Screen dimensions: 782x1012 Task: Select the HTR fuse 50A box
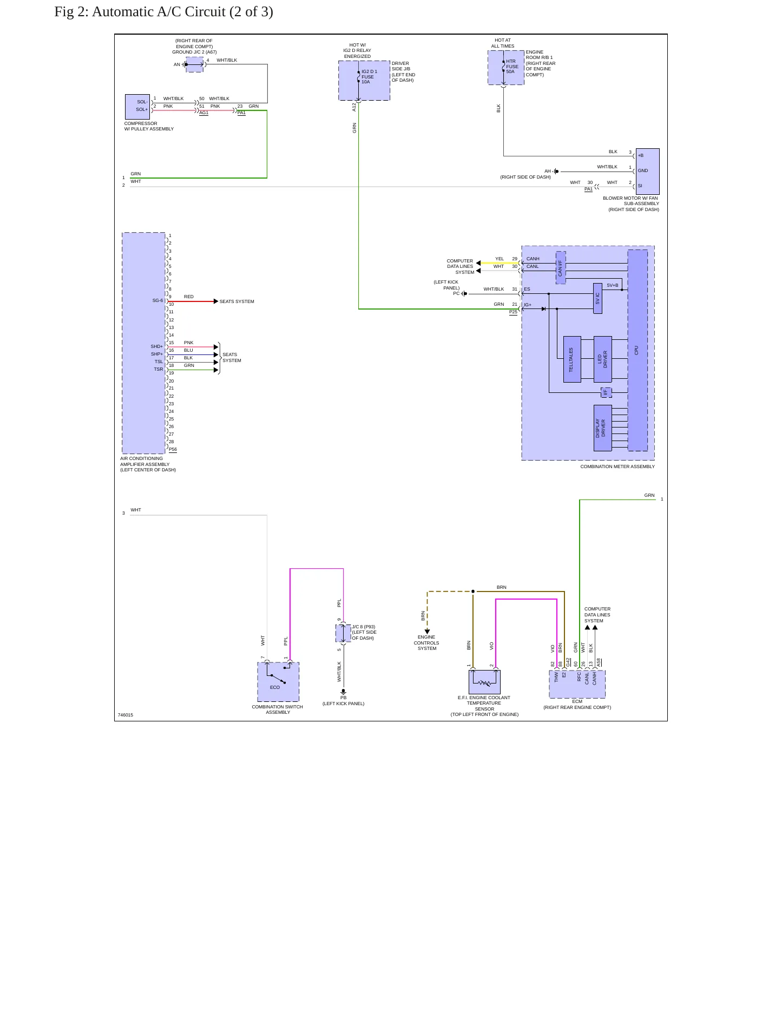coord(506,68)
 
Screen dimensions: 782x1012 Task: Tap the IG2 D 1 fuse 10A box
coord(364,81)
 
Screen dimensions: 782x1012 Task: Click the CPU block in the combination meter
coord(638,350)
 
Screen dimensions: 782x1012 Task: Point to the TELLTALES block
coord(572,359)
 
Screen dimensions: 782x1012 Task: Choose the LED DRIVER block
coord(603,359)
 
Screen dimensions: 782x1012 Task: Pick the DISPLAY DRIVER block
coord(603,428)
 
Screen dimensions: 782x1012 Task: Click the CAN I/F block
coord(561,267)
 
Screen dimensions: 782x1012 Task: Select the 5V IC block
coord(597,298)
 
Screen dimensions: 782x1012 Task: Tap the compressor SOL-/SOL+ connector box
coord(137,107)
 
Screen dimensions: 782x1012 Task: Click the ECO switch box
coord(278,682)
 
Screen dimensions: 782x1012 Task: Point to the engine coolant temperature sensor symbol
coord(484,682)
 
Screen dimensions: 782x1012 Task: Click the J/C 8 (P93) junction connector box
coord(343,633)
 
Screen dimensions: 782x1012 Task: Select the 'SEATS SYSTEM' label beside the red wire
coord(236,301)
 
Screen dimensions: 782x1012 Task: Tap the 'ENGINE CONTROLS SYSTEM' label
coord(426,643)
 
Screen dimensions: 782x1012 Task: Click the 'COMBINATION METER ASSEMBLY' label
coord(617,466)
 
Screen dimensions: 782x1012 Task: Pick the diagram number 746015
coord(126,715)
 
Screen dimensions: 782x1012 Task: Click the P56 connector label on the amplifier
coord(173,450)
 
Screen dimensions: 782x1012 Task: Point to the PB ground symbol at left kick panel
coord(343,692)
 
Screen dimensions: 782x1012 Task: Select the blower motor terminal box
coord(648,171)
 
